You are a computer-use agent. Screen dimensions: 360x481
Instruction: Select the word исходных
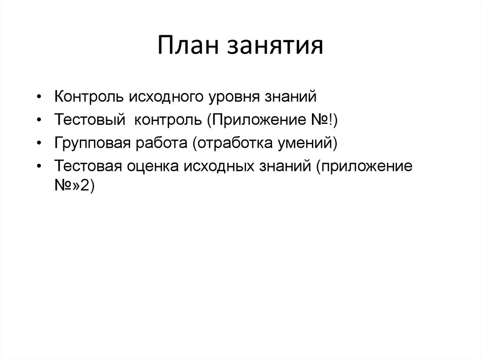[217, 165]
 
